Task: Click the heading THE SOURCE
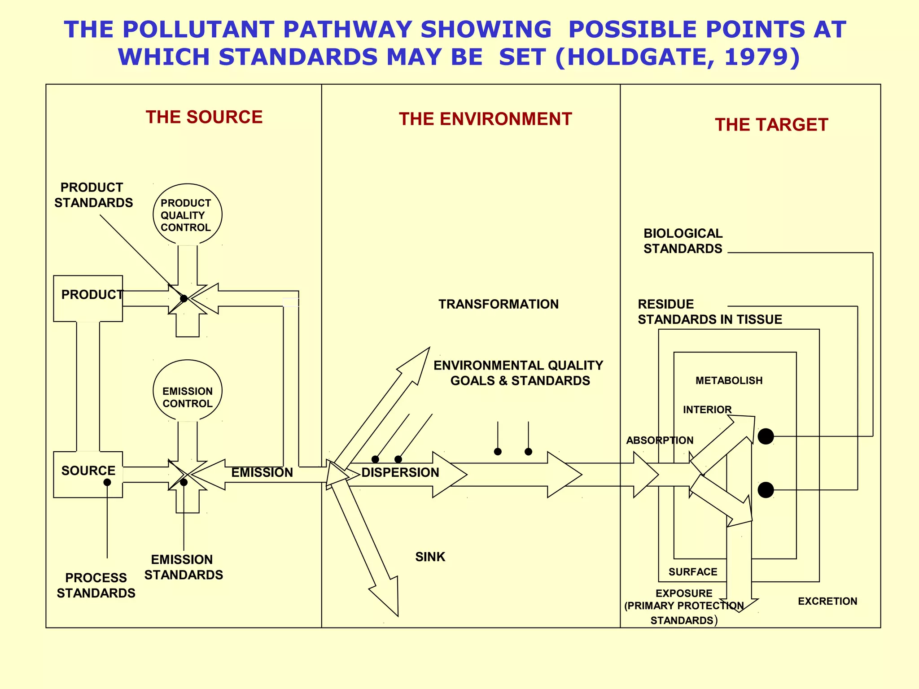[204, 117]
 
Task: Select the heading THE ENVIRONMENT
[485, 119]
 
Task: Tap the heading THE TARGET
[771, 125]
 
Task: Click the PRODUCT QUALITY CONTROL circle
[187, 214]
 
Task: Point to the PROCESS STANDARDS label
[96, 585]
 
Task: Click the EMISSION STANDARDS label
[184, 567]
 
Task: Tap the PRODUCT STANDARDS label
[93, 195]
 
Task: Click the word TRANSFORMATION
[499, 304]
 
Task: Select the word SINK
[430, 557]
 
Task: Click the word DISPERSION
[400, 472]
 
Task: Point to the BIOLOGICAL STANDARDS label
[683, 241]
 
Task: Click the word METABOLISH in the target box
[729, 380]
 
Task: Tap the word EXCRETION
[827, 601]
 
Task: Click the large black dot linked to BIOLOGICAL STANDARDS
[766, 436]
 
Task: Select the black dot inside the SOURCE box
[107, 482]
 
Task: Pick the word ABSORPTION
[660, 440]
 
